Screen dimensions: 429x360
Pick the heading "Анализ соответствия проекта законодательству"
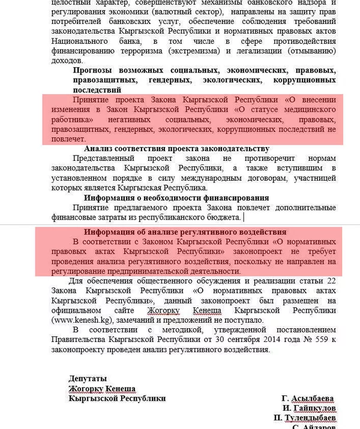click(176, 148)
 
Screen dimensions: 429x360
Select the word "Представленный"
click(101, 158)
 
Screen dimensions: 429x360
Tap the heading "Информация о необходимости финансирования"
click(176, 197)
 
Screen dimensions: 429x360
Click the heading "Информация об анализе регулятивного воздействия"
click(184, 232)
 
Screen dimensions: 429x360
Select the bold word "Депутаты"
click(88, 379)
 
